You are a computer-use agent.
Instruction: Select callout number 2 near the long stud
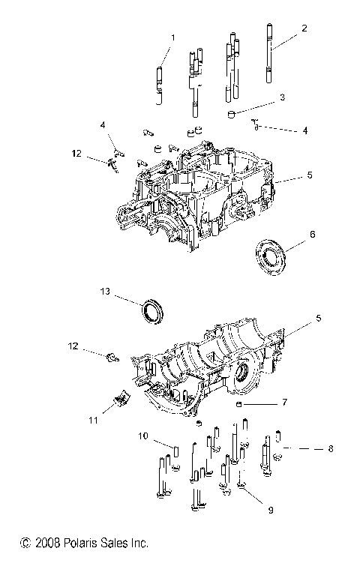tap(304, 28)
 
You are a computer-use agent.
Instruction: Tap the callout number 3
tap(282, 97)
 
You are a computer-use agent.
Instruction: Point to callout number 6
tap(313, 234)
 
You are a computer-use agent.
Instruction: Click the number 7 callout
tap(284, 403)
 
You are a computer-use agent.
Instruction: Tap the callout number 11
tap(94, 421)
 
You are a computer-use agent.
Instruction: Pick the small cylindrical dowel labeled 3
tap(233, 113)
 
